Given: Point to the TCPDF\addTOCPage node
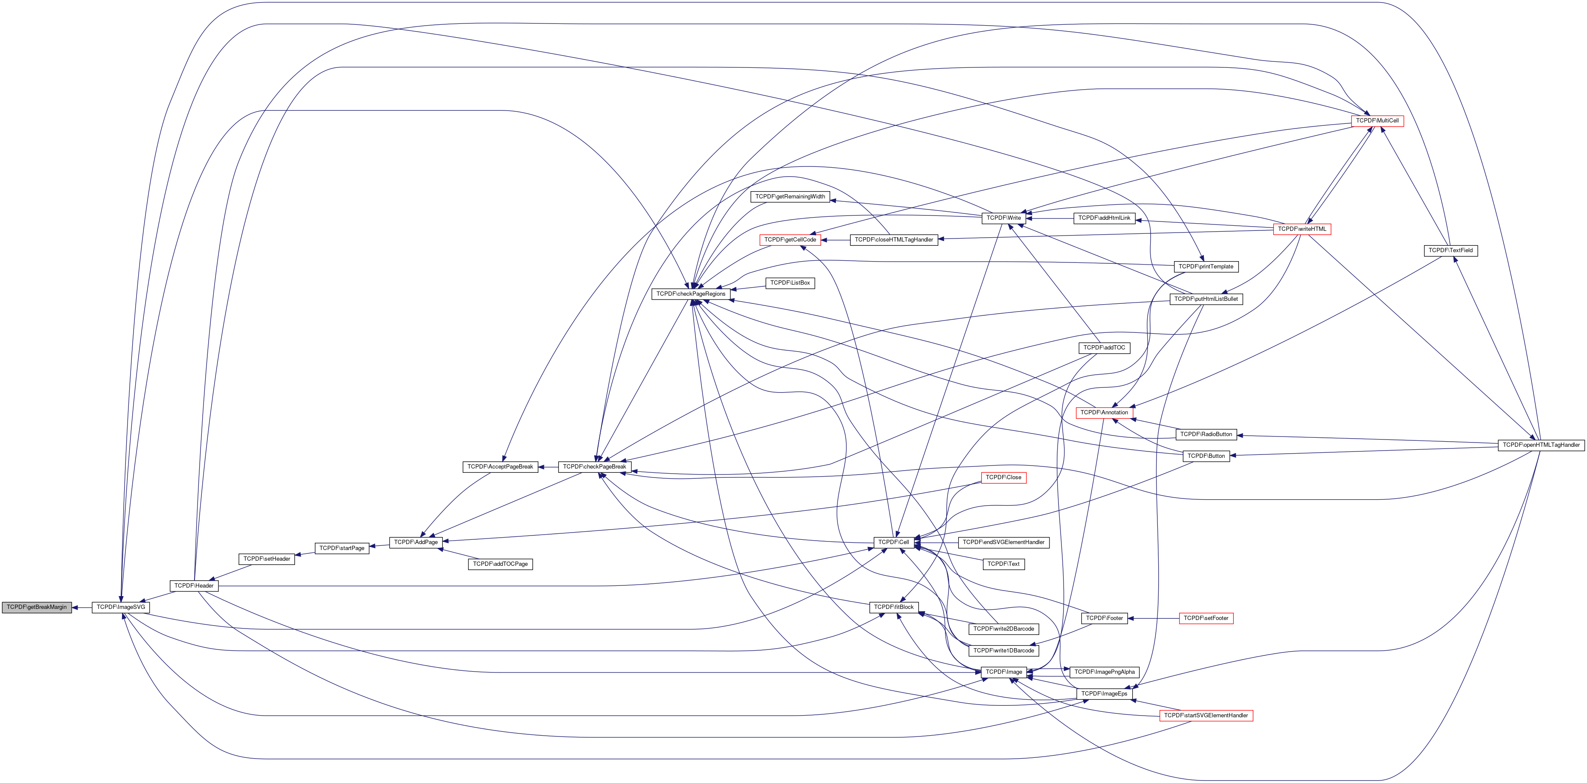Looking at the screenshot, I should coord(500,564).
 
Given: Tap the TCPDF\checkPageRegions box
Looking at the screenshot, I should coord(691,294).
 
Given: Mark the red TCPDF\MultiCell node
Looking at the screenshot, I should coord(1377,121).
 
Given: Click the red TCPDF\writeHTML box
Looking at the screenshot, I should coord(1302,229).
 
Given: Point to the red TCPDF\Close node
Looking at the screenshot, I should coord(1003,477).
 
